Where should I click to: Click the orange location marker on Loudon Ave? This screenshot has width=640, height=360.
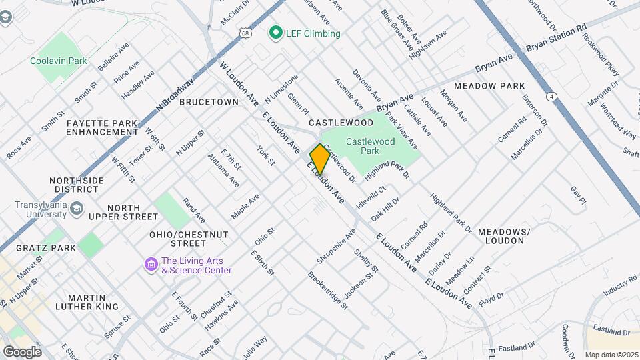tap(320, 159)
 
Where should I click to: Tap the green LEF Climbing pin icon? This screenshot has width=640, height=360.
tap(275, 33)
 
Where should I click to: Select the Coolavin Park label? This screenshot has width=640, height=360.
tap(59, 61)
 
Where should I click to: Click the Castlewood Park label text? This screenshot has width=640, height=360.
tap(371, 146)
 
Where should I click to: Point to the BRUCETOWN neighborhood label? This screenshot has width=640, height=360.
tap(209, 102)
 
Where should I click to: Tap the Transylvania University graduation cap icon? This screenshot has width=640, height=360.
tap(77, 209)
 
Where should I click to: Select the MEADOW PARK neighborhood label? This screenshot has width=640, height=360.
tap(489, 86)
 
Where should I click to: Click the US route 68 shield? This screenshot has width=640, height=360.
tap(247, 32)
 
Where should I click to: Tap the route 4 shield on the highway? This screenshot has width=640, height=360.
tap(552, 97)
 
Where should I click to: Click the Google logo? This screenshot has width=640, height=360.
tap(22, 351)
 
